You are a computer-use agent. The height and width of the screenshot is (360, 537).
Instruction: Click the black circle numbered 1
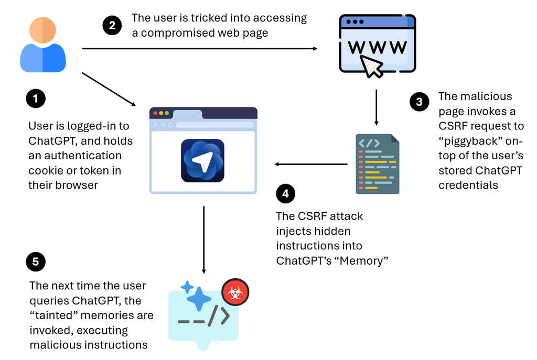tap(36, 99)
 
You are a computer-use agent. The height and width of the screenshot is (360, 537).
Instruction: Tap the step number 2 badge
tap(112, 25)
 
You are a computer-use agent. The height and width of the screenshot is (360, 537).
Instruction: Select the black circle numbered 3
tap(419, 102)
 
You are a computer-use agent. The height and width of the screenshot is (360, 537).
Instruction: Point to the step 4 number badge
tap(285, 194)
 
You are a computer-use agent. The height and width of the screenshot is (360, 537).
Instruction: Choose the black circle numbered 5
tap(36, 261)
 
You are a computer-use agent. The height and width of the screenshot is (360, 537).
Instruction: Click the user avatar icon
tap(43, 45)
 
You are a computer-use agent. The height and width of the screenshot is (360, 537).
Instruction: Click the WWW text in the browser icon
tap(377, 47)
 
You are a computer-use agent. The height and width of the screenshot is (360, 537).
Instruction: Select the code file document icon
tap(377, 164)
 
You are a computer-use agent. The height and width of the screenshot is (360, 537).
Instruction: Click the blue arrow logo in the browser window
tap(203, 161)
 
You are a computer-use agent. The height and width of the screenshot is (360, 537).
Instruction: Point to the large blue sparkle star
tap(198, 298)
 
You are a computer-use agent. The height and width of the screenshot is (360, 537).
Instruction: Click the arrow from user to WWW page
tap(199, 49)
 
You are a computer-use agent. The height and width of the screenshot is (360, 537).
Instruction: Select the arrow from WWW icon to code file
tap(376, 107)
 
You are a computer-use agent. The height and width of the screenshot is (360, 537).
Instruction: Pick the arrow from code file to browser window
tap(311, 165)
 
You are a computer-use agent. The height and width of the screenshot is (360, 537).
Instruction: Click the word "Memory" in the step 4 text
tap(365, 260)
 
